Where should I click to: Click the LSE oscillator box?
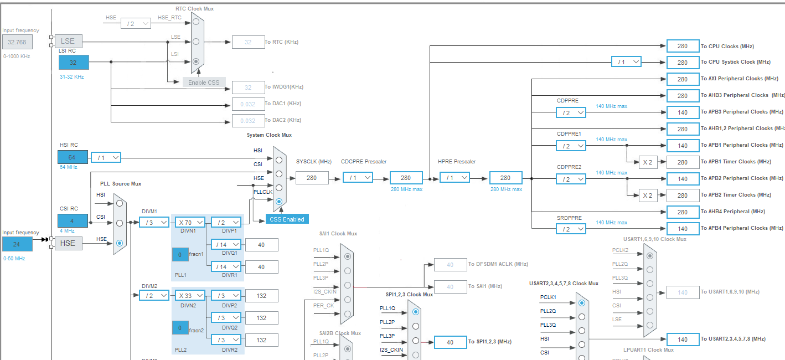[x=68, y=41]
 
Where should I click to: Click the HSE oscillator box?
[x=68, y=243]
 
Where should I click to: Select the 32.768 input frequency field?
[x=17, y=42]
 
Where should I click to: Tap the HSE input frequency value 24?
[x=17, y=244]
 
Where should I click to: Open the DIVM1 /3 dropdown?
[x=154, y=222]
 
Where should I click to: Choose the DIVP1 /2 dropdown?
[x=226, y=222]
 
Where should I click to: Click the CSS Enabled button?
[x=287, y=219]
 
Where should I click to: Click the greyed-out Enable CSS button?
[x=204, y=83]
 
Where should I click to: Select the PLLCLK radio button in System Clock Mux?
[x=279, y=202]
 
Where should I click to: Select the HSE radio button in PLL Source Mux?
[x=120, y=243]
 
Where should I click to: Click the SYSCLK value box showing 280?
[x=312, y=178]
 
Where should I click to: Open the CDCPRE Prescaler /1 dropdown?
[x=358, y=178]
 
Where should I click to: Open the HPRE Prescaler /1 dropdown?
[x=455, y=178]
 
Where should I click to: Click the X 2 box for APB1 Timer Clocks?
[x=648, y=162]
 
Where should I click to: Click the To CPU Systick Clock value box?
[x=683, y=62]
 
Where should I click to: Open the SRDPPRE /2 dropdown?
[x=571, y=229]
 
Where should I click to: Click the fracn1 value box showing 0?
[x=180, y=255]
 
